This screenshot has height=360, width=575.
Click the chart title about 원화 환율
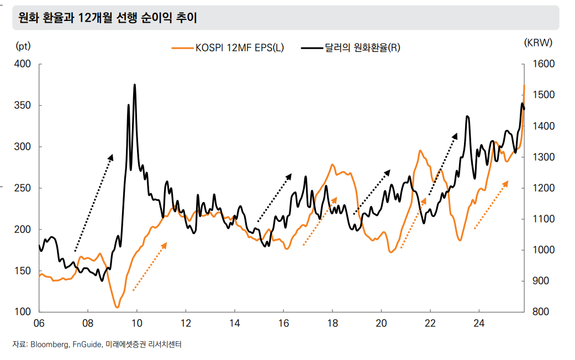[x=108, y=18]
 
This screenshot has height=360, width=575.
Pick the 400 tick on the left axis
[x=23, y=64]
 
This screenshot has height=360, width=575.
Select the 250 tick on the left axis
[x=23, y=188]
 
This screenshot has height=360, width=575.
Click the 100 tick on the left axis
[x=23, y=312]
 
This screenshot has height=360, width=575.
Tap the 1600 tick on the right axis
[x=543, y=64]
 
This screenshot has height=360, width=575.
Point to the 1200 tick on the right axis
[x=543, y=188]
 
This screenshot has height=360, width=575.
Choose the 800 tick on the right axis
[x=541, y=312]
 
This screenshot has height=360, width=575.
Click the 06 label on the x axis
[x=39, y=323]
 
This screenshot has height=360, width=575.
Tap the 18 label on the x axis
[x=333, y=323]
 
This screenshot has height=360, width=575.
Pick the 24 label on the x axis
[x=479, y=323]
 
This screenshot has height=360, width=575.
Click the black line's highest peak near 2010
[x=135, y=85]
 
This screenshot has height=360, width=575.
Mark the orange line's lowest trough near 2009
[x=117, y=307]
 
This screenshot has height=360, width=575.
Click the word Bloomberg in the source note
[x=50, y=345]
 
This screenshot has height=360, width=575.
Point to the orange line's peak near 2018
[x=333, y=165]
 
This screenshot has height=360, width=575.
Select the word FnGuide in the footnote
[x=87, y=345]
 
